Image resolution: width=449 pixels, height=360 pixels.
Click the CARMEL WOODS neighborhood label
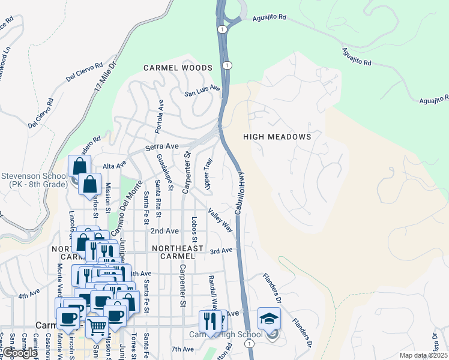tap(178, 68)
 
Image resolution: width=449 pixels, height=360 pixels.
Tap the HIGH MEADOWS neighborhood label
tap(277, 137)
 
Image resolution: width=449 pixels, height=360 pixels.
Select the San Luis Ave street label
tap(202, 91)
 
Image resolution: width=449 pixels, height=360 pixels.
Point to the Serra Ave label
tap(162, 146)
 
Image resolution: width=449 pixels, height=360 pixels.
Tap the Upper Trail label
tap(208, 175)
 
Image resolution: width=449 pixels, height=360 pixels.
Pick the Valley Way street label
tap(220, 220)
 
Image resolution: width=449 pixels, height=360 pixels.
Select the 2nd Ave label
tap(164, 230)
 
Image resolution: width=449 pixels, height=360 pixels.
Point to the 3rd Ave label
tap(220, 250)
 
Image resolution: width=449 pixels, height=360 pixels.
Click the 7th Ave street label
tap(182, 349)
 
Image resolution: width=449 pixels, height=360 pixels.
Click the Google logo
tap(20, 353)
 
